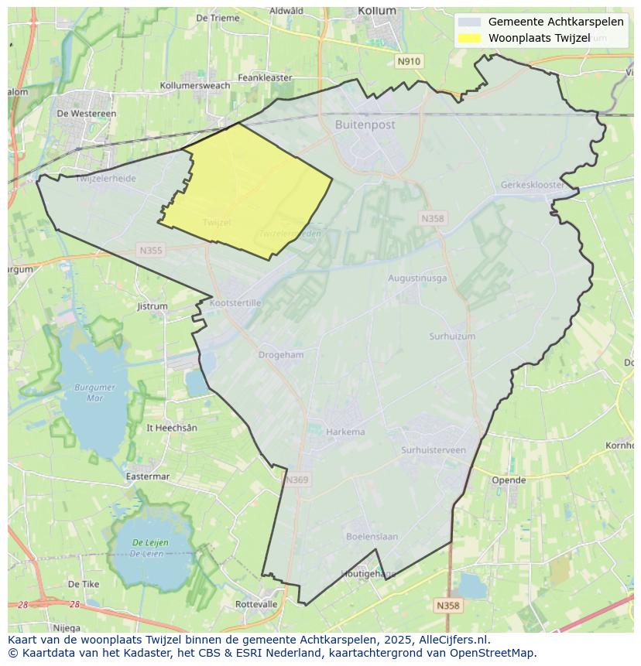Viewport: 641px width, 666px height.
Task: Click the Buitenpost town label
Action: (x=365, y=125)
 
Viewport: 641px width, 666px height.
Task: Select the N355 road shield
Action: (x=151, y=250)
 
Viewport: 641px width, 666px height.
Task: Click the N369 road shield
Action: (x=297, y=480)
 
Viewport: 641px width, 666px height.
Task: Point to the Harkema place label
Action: (x=345, y=432)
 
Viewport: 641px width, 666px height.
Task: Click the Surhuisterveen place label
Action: (x=433, y=450)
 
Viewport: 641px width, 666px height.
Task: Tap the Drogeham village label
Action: (x=281, y=355)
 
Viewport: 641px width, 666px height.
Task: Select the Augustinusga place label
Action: (x=416, y=278)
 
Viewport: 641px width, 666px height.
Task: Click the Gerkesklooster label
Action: (x=533, y=186)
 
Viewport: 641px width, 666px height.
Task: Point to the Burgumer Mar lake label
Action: (x=95, y=392)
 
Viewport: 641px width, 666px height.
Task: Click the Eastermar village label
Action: (x=147, y=476)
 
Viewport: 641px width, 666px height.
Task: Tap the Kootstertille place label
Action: (x=235, y=303)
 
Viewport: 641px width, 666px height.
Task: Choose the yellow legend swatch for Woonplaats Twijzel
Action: (x=469, y=38)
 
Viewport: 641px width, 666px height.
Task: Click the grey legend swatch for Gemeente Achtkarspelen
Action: (x=469, y=22)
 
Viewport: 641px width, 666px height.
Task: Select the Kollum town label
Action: (x=377, y=11)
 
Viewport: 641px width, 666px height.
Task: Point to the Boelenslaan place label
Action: (x=372, y=536)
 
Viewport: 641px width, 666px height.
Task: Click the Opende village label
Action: (x=509, y=480)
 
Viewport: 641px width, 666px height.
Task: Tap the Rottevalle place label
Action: (x=256, y=604)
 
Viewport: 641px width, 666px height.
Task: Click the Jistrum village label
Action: (x=152, y=306)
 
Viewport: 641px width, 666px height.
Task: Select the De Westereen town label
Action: (x=87, y=113)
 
